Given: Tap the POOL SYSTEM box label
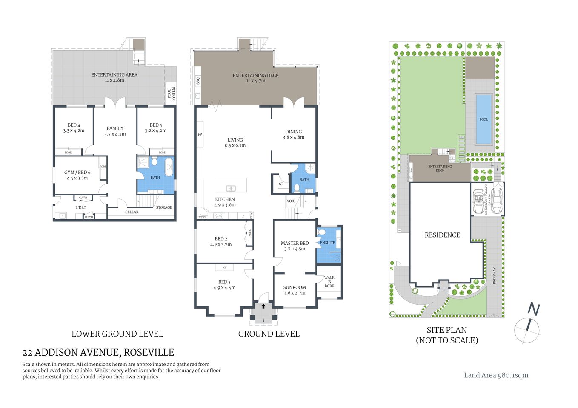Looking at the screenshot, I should coord(171,93).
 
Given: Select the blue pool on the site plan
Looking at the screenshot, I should coord(483,119).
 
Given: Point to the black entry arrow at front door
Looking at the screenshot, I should coord(263,306).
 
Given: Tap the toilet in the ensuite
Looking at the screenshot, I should coord(323,232).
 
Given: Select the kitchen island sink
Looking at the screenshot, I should coord(231,188).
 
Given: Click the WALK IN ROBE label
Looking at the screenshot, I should coord(329,281).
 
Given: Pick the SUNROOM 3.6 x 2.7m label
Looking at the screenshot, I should coord(295,290).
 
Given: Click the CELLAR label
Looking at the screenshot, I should coord(132,212).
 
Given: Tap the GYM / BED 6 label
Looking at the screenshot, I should coord(77,175).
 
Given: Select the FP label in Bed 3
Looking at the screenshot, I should coord(224,267).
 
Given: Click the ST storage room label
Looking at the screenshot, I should coord(281,184).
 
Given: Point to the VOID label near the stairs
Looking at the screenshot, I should coord(291,201).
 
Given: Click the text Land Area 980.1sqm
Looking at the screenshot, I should coord(496,375).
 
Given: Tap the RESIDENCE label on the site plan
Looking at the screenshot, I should coord(442,235).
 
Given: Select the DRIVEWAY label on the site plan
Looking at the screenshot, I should coord(494,275).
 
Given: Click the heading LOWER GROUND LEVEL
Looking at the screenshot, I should coord(117,334).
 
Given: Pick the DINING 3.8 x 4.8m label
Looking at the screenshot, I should coord(294,134).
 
